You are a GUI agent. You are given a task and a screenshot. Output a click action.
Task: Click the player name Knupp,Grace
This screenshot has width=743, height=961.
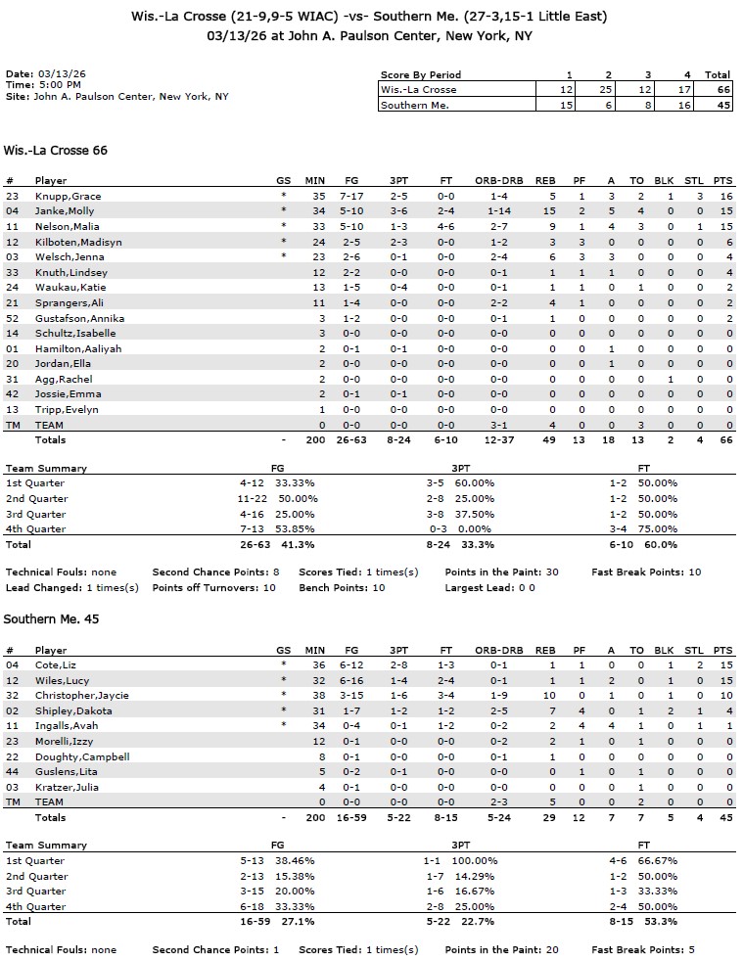coord(68,196)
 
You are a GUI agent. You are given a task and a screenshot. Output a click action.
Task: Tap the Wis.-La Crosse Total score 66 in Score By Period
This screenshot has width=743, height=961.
coord(719,89)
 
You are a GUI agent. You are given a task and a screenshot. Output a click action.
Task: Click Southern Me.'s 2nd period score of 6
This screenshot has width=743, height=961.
coord(608,105)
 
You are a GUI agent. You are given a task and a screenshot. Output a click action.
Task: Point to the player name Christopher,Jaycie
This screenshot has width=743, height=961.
coord(81,695)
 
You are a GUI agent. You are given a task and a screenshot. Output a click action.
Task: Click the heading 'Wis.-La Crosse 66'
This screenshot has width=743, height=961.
coord(56,151)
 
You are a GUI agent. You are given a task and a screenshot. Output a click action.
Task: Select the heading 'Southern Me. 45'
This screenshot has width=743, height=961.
coord(52,619)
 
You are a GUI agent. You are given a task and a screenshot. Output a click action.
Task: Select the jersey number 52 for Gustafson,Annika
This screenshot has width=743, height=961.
coord(12,318)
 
